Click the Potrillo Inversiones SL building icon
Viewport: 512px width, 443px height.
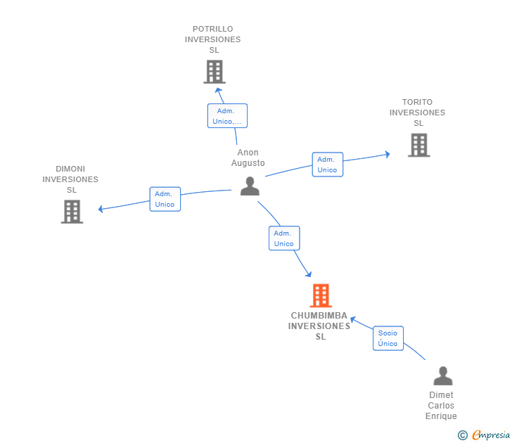coord(215,72)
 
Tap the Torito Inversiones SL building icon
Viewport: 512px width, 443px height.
coord(418,145)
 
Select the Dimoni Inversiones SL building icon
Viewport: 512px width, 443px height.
coord(72,212)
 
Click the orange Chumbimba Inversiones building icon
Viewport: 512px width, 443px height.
coord(321,296)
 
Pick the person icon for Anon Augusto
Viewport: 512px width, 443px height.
coord(250,186)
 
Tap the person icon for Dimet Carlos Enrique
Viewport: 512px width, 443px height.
coord(442,376)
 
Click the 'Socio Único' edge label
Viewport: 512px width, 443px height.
coord(388,338)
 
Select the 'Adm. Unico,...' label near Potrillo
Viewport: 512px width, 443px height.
coord(227,116)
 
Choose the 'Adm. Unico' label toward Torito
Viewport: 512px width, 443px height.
coord(327,165)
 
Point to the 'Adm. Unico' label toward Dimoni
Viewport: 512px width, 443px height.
coord(165,199)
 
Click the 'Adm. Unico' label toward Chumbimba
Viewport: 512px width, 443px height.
coord(284,238)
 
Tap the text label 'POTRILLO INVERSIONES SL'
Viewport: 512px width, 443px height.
coord(213,39)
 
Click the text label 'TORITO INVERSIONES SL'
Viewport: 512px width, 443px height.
coord(417,113)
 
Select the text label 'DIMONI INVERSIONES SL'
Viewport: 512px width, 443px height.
coord(70,179)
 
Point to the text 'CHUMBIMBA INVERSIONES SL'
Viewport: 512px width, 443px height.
coord(320,326)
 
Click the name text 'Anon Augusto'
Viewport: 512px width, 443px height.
coord(248,158)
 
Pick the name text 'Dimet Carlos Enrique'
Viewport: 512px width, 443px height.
coord(441,406)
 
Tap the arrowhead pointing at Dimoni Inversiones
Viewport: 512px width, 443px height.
coord(101,209)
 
